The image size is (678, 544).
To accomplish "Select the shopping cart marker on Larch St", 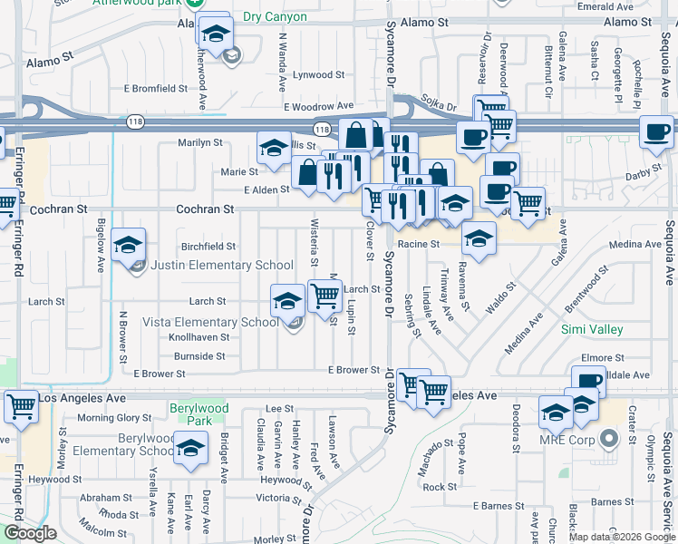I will [x=324, y=294].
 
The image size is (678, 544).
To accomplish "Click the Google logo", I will [x=30, y=532].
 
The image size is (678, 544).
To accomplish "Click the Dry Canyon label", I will [x=275, y=17].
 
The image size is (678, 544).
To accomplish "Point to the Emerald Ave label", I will [x=624, y=5].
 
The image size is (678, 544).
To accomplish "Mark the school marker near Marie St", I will [x=274, y=150].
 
